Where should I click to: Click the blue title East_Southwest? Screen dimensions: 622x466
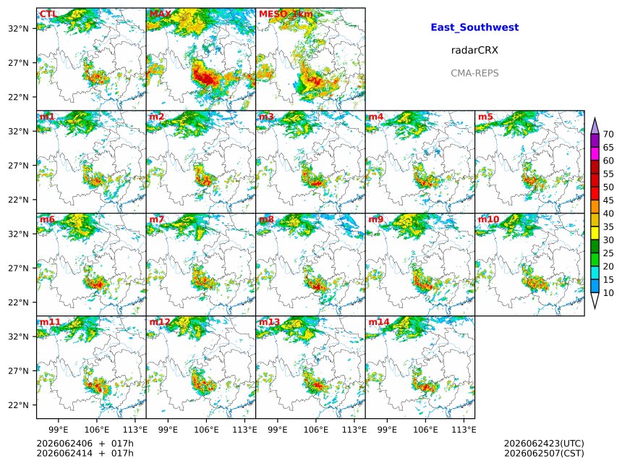pyautogui.click(x=474, y=27)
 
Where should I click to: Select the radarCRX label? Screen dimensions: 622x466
pyautogui.click(x=474, y=50)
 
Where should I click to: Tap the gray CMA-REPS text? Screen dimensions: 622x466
pyautogui.click(x=474, y=73)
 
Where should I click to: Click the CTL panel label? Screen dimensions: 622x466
pyautogui.click(x=48, y=14)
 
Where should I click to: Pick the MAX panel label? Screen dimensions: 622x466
pyautogui.click(x=161, y=14)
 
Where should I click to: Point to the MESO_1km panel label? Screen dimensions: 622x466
pyautogui.click(x=286, y=14)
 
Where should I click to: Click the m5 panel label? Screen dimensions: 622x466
pyautogui.click(x=485, y=116)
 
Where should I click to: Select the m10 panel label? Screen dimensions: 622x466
pyautogui.click(x=488, y=219)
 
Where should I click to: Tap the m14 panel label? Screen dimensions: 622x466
pyautogui.click(x=379, y=322)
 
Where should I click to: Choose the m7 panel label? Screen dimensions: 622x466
pyautogui.click(x=157, y=219)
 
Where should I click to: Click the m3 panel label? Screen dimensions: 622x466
pyautogui.click(x=266, y=116)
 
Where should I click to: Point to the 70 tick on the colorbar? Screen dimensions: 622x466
pyautogui.click(x=608, y=134)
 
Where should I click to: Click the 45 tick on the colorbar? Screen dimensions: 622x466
pyautogui.click(x=608, y=200)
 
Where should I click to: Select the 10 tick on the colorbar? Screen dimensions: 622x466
pyautogui.click(x=608, y=293)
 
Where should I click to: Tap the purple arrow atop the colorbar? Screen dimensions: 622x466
pyautogui.click(x=595, y=126)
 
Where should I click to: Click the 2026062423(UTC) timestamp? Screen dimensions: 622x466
pyautogui.click(x=544, y=444)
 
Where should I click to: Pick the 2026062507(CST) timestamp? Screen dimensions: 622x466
pyautogui.click(x=544, y=453)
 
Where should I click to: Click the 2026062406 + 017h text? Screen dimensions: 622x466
pyautogui.click(x=85, y=444)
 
